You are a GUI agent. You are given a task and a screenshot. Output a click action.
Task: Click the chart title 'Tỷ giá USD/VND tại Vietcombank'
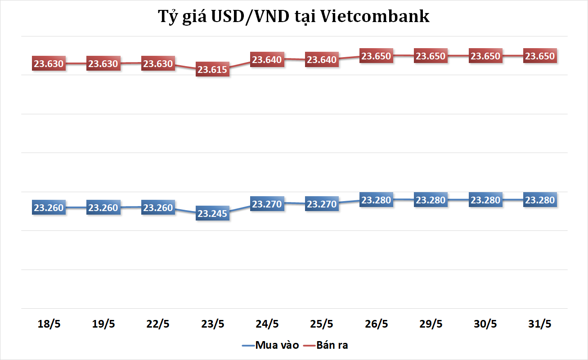(294, 16)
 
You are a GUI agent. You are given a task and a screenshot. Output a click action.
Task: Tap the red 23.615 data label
(212, 70)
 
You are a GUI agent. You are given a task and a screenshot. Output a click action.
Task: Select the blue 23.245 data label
(212, 214)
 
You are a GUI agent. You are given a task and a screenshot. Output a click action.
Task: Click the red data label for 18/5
(49, 64)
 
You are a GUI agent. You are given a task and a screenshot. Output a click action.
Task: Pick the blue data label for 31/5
(540, 200)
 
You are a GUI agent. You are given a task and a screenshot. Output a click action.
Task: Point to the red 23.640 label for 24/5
(267, 59)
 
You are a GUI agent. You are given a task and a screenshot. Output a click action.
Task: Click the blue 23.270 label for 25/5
(322, 204)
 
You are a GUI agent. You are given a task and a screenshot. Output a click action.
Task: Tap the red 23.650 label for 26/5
(377, 56)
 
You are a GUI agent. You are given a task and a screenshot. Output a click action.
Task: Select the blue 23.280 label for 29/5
(431, 200)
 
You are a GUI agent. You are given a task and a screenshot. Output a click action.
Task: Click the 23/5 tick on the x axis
(212, 324)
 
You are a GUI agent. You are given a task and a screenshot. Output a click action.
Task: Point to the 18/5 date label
(49, 324)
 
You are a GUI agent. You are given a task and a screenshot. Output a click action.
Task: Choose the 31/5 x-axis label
(540, 324)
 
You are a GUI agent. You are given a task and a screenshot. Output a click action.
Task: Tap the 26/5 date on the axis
(377, 324)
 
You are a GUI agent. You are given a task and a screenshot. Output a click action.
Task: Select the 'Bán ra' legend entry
(332, 346)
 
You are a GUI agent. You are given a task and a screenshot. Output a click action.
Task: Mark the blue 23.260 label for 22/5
(158, 208)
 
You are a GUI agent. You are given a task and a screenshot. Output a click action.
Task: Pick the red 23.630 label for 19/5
(103, 64)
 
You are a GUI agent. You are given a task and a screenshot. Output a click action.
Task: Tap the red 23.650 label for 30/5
(485, 56)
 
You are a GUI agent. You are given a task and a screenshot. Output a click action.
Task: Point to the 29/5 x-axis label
(431, 324)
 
